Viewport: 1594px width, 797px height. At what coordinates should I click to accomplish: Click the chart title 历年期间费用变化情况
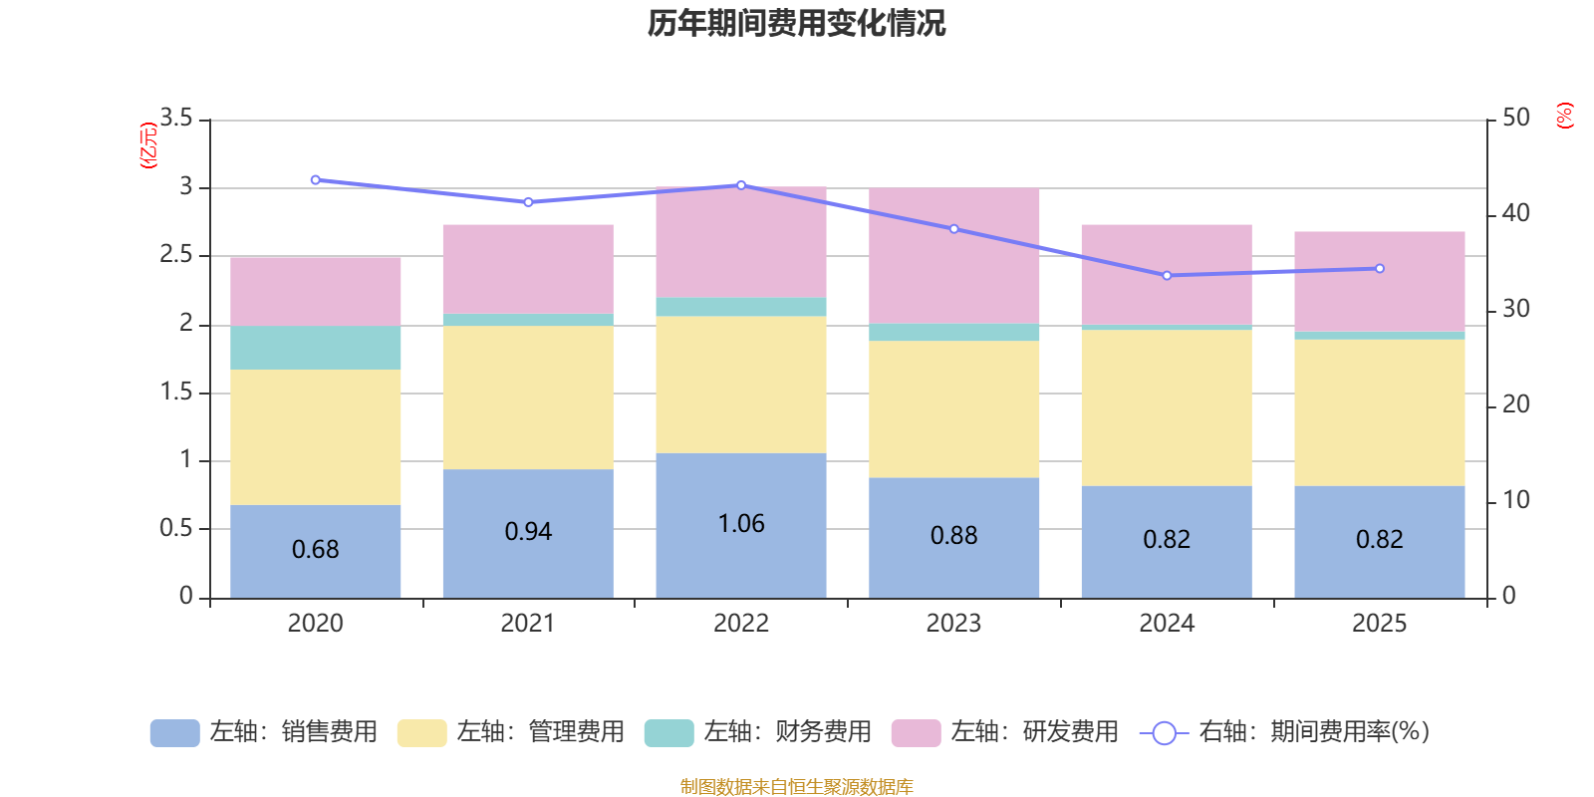[796, 23]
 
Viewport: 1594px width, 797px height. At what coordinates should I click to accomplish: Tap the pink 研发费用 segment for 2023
[953, 255]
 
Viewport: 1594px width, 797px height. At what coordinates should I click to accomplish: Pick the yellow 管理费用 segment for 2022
[740, 385]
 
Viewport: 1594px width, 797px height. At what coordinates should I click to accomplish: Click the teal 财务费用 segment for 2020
[316, 348]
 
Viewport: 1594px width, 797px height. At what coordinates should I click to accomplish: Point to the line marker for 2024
[1167, 275]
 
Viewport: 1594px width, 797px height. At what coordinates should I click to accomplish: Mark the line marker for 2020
[316, 180]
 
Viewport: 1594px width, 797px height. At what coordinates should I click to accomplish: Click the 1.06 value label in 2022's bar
[741, 524]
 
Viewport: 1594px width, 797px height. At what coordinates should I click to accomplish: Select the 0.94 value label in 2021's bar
[528, 532]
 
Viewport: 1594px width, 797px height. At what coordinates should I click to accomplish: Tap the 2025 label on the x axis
[1379, 624]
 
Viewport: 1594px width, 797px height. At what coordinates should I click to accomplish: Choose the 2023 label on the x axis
[953, 624]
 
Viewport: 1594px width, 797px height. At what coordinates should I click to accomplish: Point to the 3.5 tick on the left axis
[176, 119]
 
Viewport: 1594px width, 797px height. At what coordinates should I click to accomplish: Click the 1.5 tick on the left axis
[176, 393]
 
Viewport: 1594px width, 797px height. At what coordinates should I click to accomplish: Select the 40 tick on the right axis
[1515, 213]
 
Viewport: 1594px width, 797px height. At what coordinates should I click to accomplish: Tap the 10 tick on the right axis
[1515, 500]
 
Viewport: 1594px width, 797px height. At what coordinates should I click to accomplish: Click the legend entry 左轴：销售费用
[264, 732]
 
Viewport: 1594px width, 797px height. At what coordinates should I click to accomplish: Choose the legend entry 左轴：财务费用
[758, 732]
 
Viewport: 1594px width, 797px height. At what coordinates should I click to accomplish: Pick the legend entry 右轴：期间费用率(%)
[1284, 732]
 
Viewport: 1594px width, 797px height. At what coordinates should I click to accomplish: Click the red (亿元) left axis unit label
[148, 145]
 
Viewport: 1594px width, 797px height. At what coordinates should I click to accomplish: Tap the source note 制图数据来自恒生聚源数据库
[796, 787]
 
